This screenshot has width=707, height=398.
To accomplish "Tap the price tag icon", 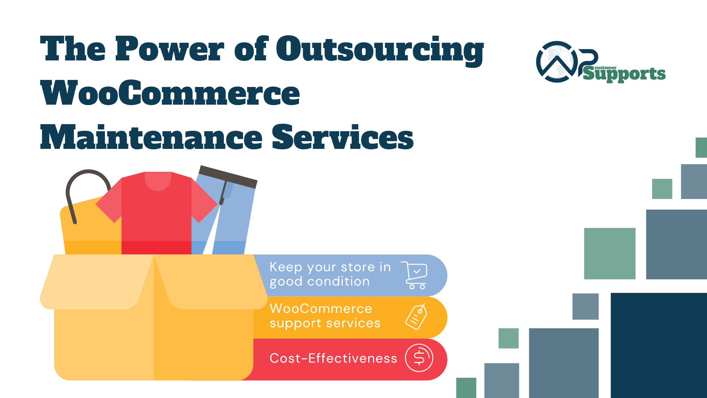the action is (x=416, y=317).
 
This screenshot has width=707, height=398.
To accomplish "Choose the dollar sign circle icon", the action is (x=419, y=358).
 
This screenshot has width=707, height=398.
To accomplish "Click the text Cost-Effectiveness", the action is (x=333, y=358).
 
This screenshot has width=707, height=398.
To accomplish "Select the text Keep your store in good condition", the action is (x=330, y=274).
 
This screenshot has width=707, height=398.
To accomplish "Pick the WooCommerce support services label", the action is (x=325, y=315).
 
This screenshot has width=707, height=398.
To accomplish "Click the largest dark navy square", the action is (x=659, y=345).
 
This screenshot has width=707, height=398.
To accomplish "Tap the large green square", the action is (x=610, y=254).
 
